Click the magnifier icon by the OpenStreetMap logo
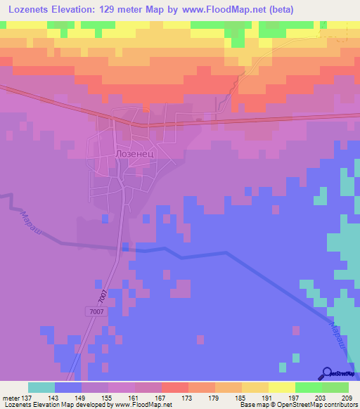pyautogui.click(x=326, y=373)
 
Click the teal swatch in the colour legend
pyautogui.click(x=41, y=387)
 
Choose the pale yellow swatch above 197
pyautogui.click(x=282, y=387)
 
